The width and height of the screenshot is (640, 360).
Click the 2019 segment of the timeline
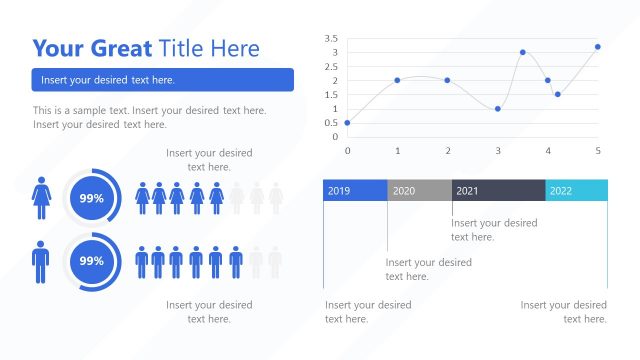tap(355, 191)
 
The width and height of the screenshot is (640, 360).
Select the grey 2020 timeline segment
tap(419, 191)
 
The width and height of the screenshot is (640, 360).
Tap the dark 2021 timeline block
tap(498, 191)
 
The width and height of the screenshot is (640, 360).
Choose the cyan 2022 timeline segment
tap(576, 191)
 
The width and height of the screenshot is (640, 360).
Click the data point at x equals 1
tap(397, 80)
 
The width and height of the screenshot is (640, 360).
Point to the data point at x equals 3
tap(497, 108)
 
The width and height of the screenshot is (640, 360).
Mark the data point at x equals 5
tap(598, 46)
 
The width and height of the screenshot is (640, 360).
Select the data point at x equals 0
tap(347, 123)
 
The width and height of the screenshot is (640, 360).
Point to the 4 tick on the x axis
tap(548, 150)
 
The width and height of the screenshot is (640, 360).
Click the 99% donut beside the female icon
tap(92, 198)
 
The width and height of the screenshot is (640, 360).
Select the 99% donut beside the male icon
tap(92, 260)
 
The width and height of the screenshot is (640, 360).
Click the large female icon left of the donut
tap(41, 198)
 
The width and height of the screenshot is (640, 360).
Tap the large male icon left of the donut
tap(41, 261)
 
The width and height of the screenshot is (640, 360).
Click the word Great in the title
tap(117, 48)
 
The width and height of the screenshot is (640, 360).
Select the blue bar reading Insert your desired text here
tap(162, 80)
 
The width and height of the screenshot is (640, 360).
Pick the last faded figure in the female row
tap(275, 198)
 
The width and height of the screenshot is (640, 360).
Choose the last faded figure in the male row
tap(275, 261)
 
